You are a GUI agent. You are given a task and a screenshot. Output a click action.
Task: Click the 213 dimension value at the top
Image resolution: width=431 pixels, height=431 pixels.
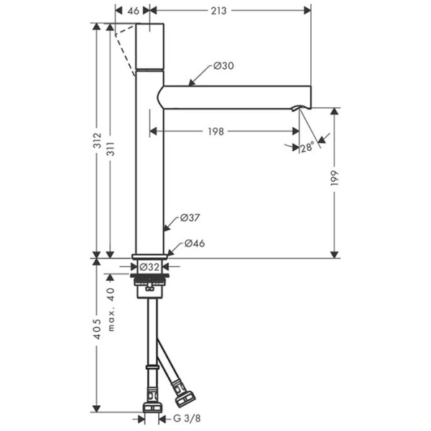[x=218, y=11]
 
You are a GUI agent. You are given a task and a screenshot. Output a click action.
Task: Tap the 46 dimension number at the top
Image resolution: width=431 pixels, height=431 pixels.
[x=134, y=11]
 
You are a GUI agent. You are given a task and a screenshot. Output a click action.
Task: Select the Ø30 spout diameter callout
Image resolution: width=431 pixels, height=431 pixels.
[x=223, y=65]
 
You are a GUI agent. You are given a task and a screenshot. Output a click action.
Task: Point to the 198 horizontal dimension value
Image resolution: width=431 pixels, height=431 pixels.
[x=215, y=131]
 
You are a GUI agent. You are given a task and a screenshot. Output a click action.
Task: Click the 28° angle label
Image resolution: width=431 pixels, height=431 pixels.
[x=307, y=147]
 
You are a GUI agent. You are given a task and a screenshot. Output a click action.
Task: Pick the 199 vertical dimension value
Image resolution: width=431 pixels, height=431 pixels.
[x=334, y=178]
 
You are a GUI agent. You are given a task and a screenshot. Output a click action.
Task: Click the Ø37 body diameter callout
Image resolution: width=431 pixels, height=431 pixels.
[x=190, y=218]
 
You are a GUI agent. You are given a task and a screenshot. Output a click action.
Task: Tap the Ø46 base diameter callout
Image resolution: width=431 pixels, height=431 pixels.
[x=195, y=244]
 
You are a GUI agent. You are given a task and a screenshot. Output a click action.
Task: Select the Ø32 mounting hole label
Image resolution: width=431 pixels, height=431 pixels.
[x=149, y=267]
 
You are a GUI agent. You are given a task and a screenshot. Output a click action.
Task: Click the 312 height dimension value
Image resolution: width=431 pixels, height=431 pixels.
[x=97, y=141]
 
